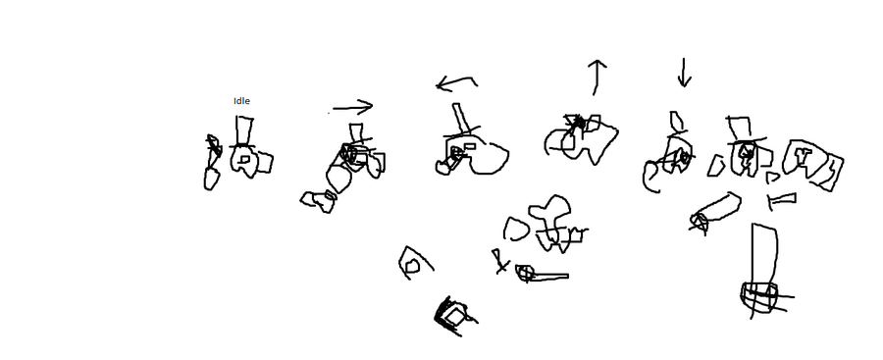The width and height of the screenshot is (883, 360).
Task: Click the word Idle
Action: (x=241, y=101)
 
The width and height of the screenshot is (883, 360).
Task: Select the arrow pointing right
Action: (x=352, y=107)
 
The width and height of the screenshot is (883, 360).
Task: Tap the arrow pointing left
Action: (x=456, y=83)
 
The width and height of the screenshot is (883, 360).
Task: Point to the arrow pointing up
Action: (x=597, y=77)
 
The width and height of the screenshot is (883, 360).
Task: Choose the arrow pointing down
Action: (x=684, y=73)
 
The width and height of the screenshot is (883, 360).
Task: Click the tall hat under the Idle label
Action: (x=244, y=131)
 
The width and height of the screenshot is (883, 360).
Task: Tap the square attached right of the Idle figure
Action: (x=264, y=162)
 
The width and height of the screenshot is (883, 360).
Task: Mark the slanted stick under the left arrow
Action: (x=461, y=117)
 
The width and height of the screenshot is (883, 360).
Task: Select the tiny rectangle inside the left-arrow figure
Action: (x=469, y=146)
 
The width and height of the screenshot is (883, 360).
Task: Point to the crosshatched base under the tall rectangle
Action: (x=760, y=297)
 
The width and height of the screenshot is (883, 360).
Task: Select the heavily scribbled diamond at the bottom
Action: (x=452, y=317)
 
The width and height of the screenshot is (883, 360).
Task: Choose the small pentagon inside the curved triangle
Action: (x=412, y=266)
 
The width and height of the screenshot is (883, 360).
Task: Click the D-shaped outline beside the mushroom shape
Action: (x=515, y=230)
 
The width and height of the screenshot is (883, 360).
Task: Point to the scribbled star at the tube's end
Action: (x=700, y=224)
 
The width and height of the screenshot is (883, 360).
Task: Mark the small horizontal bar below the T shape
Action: (x=782, y=198)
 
